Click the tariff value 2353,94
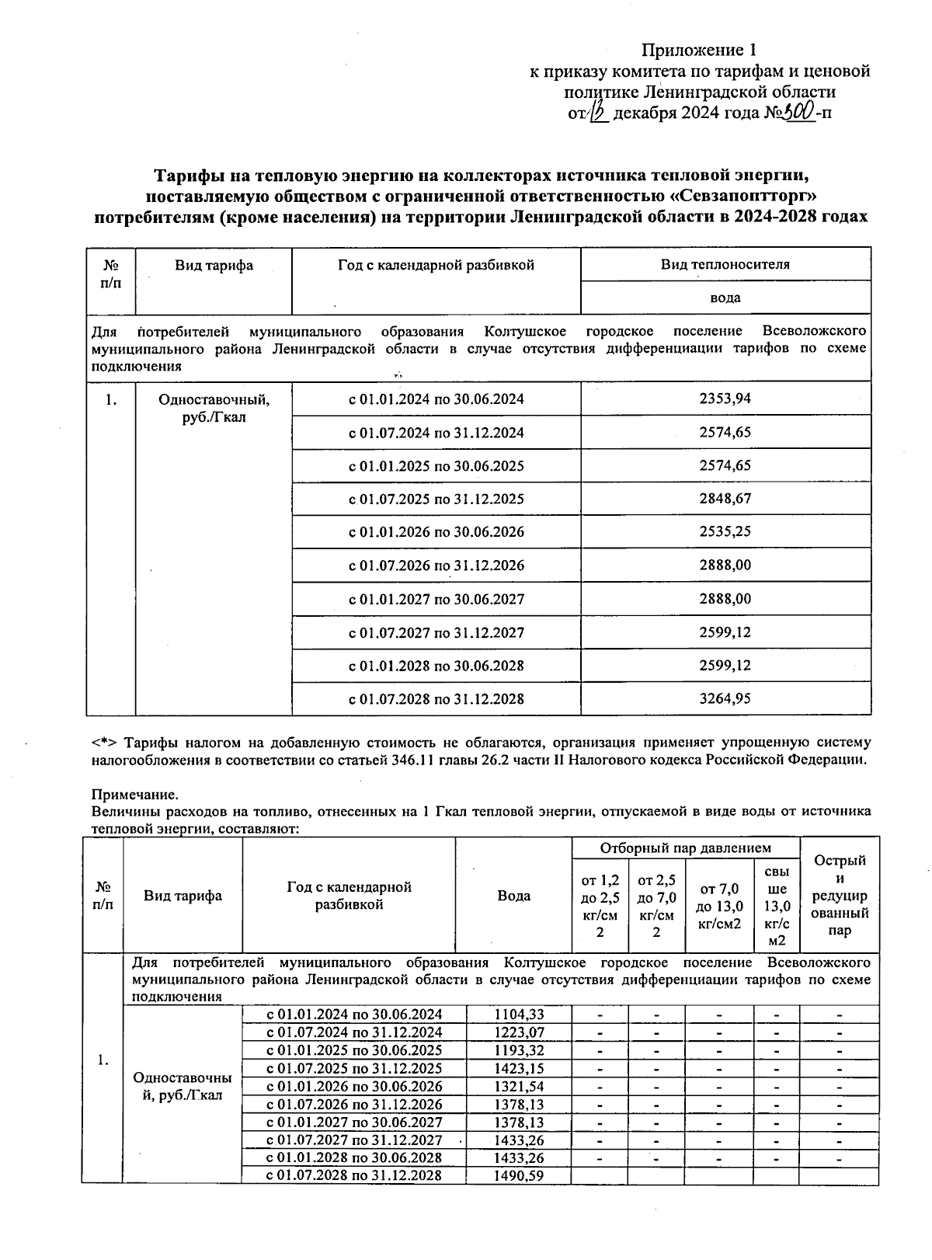pyautogui.click(x=725, y=399)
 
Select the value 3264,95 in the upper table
pyautogui.click(x=725, y=698)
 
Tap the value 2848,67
pyautogui.click(x=725, y=499)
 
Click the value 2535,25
pyautogui.click(x=725, y=532)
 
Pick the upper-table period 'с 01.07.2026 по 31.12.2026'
pyautogui.click(x=436, y=566)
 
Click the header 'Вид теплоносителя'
pyautogui.click(x=725, y=264)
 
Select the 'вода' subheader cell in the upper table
pyautogui.click(x=725, y=298)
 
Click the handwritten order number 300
pyautogui.click(x=798, y=113)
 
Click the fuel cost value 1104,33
pyautogui.click(x=519, y=1015)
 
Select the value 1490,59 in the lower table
pyautogui.click(x=519, y=1175)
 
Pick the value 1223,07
pyautogui.click(x=519, y=1032)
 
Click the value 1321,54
pyautogui.click(x=519, y=1086)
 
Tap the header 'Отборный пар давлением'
pyautogui.click(x=686, y=848)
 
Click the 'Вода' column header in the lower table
pyautogui.click(x=514, y=896)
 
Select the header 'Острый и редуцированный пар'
pyautogui.click(x=840, y=895)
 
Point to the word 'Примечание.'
pyautogui.click(x=134, y=795)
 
